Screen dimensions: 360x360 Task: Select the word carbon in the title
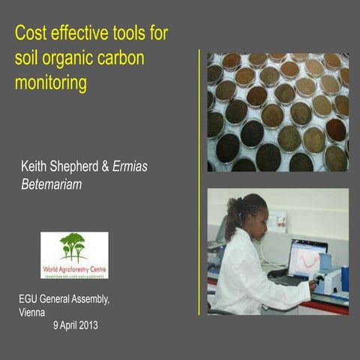click(x=143, y=58)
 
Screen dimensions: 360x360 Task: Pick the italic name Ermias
click(x=130, y=166)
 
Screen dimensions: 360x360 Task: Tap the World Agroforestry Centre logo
click(x=74, y=254)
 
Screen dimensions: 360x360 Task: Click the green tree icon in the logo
click(x=73, y=245)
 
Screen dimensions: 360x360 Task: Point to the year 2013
click(x=85, y=325)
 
